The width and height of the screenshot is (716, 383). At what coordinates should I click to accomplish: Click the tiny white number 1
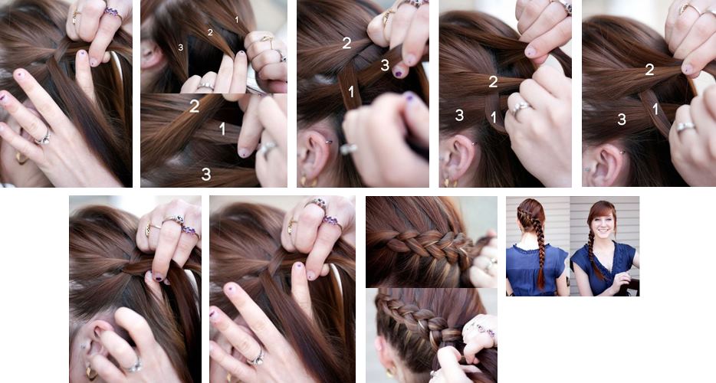click(x=237, y=20)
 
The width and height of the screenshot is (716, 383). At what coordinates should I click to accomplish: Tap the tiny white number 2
click(x=210, y=32)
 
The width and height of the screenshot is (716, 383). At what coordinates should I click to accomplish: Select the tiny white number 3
click(x=181, y=47)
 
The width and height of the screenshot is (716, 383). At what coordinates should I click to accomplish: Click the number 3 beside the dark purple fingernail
click(x=385, y=65)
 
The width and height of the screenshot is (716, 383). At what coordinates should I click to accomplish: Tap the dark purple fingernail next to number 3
click(x=398, y=73)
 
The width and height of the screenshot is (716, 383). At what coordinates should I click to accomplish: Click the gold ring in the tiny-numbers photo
click(x=267, y=40)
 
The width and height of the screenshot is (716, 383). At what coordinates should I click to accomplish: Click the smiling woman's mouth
click(x=603, y=236)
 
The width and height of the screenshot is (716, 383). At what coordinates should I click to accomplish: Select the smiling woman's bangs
click(x=599, y=214)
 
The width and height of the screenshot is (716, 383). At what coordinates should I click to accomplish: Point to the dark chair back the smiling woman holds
click(x=632, y=286)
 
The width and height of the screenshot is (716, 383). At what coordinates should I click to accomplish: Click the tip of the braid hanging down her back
click(x=540, y=287)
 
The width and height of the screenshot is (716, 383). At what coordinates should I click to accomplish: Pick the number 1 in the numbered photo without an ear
click(x=222, y=129)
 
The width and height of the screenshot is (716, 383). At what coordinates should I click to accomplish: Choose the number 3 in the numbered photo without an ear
click(x=206, y=174)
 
